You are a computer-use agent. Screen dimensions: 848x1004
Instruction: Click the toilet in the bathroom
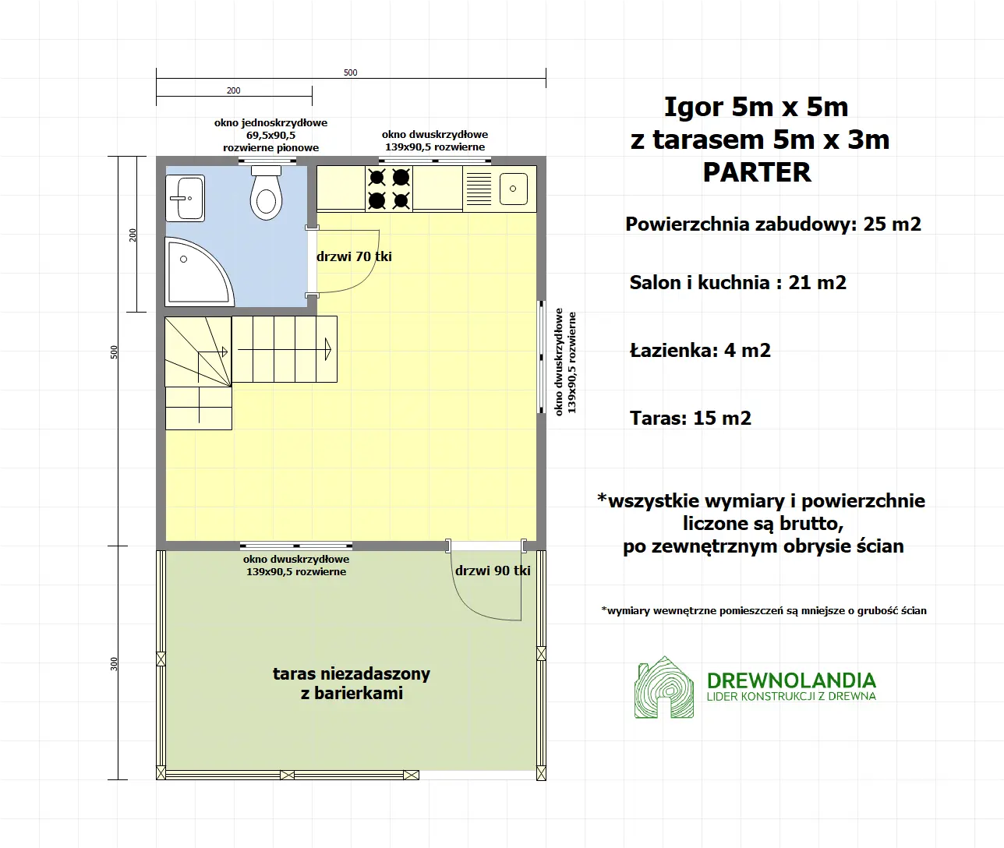pos(266,195)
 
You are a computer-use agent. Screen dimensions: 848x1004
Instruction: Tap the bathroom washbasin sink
pos(185,198)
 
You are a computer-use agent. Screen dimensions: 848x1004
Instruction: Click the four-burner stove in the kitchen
pos(389,189)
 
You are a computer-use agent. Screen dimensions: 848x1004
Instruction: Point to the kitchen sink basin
pos(513,189)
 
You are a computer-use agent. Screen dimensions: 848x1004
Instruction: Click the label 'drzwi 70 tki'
pos(354,256)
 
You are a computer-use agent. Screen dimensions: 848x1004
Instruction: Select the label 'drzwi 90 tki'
pos(493,571)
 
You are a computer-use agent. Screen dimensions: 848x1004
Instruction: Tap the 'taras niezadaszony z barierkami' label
pos(352,684)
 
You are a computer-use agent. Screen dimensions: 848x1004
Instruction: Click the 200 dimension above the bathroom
pos(234,90)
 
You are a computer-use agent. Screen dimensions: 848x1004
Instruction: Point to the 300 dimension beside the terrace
pos(115,663)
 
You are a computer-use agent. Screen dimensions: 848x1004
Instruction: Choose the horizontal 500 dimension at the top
pos(351,72)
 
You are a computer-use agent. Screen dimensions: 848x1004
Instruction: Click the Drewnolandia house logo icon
pos(663,687)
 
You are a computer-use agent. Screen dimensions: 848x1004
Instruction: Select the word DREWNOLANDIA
pos(791,680)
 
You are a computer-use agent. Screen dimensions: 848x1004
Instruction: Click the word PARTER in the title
pos(757,172)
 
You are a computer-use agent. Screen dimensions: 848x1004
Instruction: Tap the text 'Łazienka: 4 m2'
pos(700,351)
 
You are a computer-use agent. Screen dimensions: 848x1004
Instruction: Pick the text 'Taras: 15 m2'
pos(691,419)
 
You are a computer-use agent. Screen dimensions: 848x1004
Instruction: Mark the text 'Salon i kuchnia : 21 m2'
pos(737,283)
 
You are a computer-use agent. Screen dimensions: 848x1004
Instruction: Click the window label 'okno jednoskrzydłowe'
pos(270,123)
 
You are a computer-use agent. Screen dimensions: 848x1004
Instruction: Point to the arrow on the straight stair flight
pos(329,349)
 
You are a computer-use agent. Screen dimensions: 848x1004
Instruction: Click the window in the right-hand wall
pos(541,356)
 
